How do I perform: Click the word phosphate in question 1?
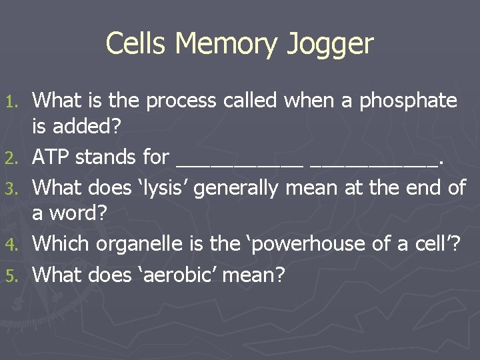pyautogui.click(x=409, y=101)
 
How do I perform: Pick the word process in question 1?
pyautogui.click(x=175, y=101)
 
